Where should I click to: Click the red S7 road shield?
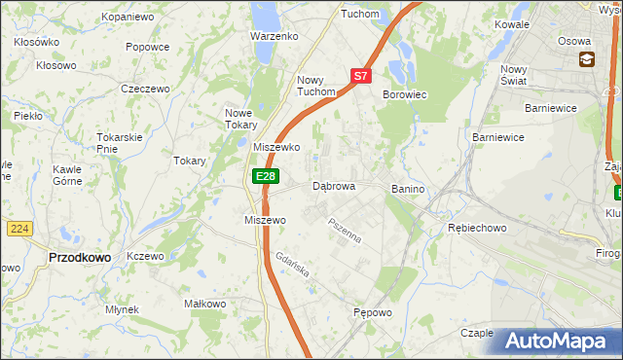(x=360, y=75)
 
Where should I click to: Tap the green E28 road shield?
(x=265, y=176)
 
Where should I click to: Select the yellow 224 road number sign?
(x=19, y=228)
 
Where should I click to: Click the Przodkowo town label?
(x=79, y=257)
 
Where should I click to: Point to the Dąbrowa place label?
(x=334, y=186)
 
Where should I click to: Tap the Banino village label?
(x=408, y=189)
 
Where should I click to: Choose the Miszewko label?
(x=275, y=147)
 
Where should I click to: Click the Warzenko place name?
(x=273, y=36)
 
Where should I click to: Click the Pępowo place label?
(x=372, y=313)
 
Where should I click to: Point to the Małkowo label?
(x=205, y=304)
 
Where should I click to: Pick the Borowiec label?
(x=405, y=95)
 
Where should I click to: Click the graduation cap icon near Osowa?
(x=587, y=60)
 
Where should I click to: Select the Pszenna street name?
(x=345, y=231)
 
